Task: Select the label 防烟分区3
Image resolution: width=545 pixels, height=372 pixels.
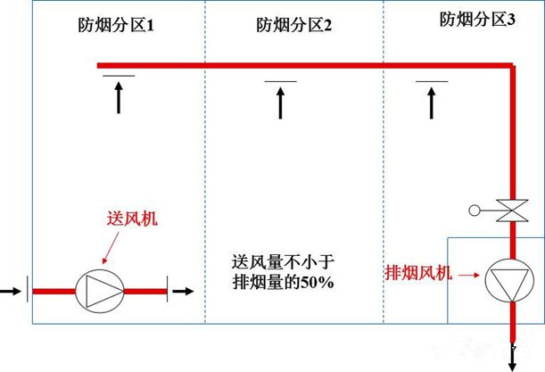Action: coord(477,19)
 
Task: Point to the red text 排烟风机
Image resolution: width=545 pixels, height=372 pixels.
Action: coord(419,272)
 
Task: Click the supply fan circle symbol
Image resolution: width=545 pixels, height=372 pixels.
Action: coord(99,290)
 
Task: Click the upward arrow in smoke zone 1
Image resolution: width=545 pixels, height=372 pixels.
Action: coord(119,98)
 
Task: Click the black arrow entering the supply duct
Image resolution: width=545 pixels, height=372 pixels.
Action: coord(10,290)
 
